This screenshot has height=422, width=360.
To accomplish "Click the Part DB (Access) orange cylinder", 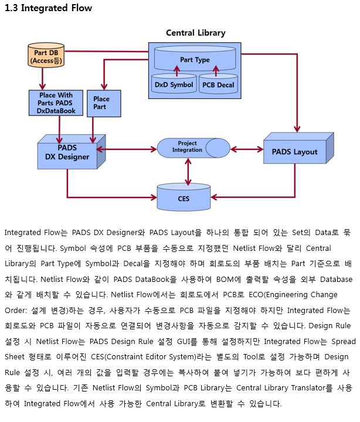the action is click(x=46, y=55).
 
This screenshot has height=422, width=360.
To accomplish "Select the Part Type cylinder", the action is click(x=195, y=59).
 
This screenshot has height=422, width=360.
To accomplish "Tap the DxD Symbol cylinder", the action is click(x=174, y=84).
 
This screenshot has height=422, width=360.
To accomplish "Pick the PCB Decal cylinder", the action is click(x=218, y=84).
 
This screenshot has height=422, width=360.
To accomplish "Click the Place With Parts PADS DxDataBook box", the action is click(x=56, y=103).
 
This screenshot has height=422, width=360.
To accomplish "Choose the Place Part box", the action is click(x=104, y=103).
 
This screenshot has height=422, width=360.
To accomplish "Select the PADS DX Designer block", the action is click(x=72, y=152).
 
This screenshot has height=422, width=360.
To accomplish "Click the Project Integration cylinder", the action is click(x=193, y=148).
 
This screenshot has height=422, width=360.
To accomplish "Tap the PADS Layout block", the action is click(x=298, y=148).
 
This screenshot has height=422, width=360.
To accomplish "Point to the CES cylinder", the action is click(x=184, y=197).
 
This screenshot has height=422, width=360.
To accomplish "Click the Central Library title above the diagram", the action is click(x=196, y=33).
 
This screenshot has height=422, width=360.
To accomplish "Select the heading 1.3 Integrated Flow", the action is click(x=49, y=8).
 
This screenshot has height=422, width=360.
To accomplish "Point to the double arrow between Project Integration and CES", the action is click(x=188, y=171).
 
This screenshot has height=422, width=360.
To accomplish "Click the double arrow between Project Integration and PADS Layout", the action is click(x=247, y=149).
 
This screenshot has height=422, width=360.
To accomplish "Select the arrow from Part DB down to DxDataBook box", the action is click(x=42, y=79).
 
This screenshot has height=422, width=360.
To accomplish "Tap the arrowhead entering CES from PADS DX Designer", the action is click(x=154, y=198).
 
